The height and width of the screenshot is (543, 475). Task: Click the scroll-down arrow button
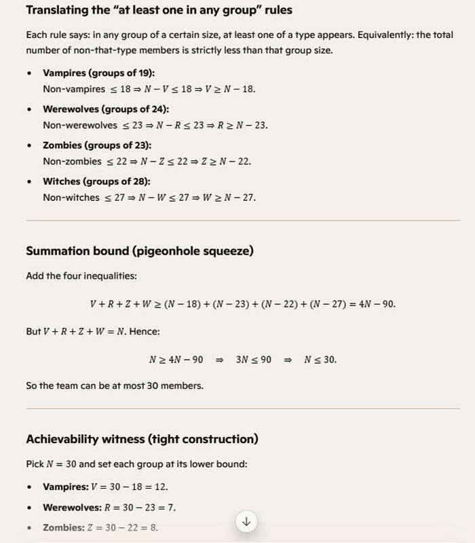pyautogui.click(x=246, y=521)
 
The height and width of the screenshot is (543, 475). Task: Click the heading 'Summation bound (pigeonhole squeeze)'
pyautogui.click(x=140, y=251)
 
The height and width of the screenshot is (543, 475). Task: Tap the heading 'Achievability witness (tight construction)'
pyautogui.click(x=142, y=439)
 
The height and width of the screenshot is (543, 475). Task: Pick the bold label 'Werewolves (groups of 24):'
pyautogui.click(x=106, y=109)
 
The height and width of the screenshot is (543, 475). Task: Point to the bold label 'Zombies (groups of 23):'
pyautogui.click(x=97, y=145)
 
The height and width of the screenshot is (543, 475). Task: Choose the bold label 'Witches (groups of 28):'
pyautogui.click(x=96, y=181)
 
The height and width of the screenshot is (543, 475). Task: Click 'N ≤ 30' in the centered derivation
pyautogui.click(x=320, y=360)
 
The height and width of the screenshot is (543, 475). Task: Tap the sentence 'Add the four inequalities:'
pyautogui.click(x=81, y=276)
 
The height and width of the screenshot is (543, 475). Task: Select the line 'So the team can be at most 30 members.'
pyautogui.click(x=113, y=386)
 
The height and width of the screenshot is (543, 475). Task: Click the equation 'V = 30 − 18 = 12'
pyautogui.click(x=134, y=487)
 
